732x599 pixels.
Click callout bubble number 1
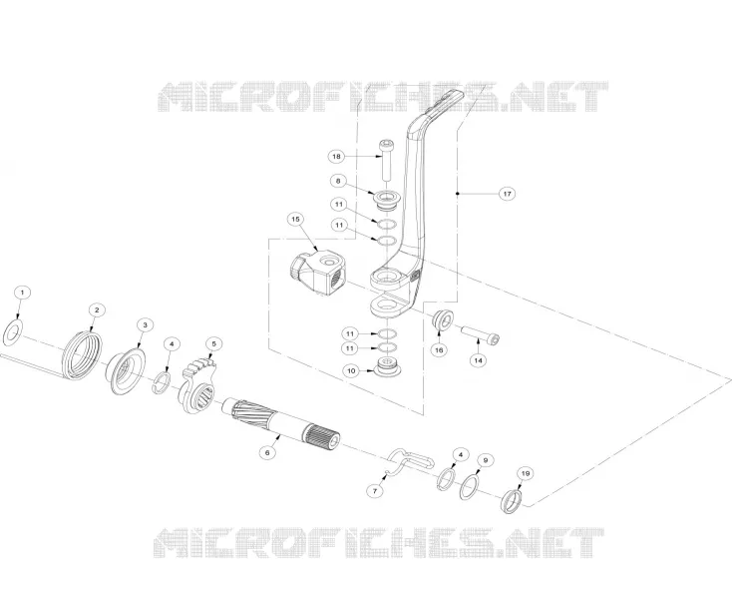click(x=22, y=293)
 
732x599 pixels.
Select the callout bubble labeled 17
click(x=508, y=194)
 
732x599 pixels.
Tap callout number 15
click(x=295, y=220)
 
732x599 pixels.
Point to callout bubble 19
click(x=526, y=474)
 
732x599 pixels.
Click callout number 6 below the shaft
click(x=267, y=452)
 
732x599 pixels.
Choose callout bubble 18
click(x=336, y=156)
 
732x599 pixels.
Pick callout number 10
click(x=351, y=371)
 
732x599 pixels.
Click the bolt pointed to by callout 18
click(x=386, y=160)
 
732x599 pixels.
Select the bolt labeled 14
click(x=481, y=336)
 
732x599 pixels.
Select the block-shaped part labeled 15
click(x=317, y=273)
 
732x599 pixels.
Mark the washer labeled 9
click(x=470, y=486)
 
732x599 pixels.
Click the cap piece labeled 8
click(x=386, y=198)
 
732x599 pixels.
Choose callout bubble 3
click(x=145, y=324)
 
